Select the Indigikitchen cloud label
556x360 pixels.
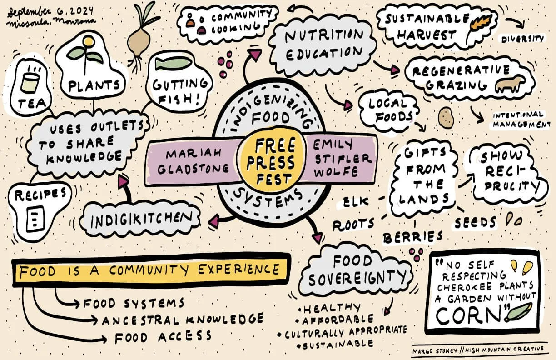[x=139, y=220]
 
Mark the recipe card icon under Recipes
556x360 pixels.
[x=34, y=219]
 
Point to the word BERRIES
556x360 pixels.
[x=412, y=237]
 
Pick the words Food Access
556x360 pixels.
[x=163, y=337]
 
